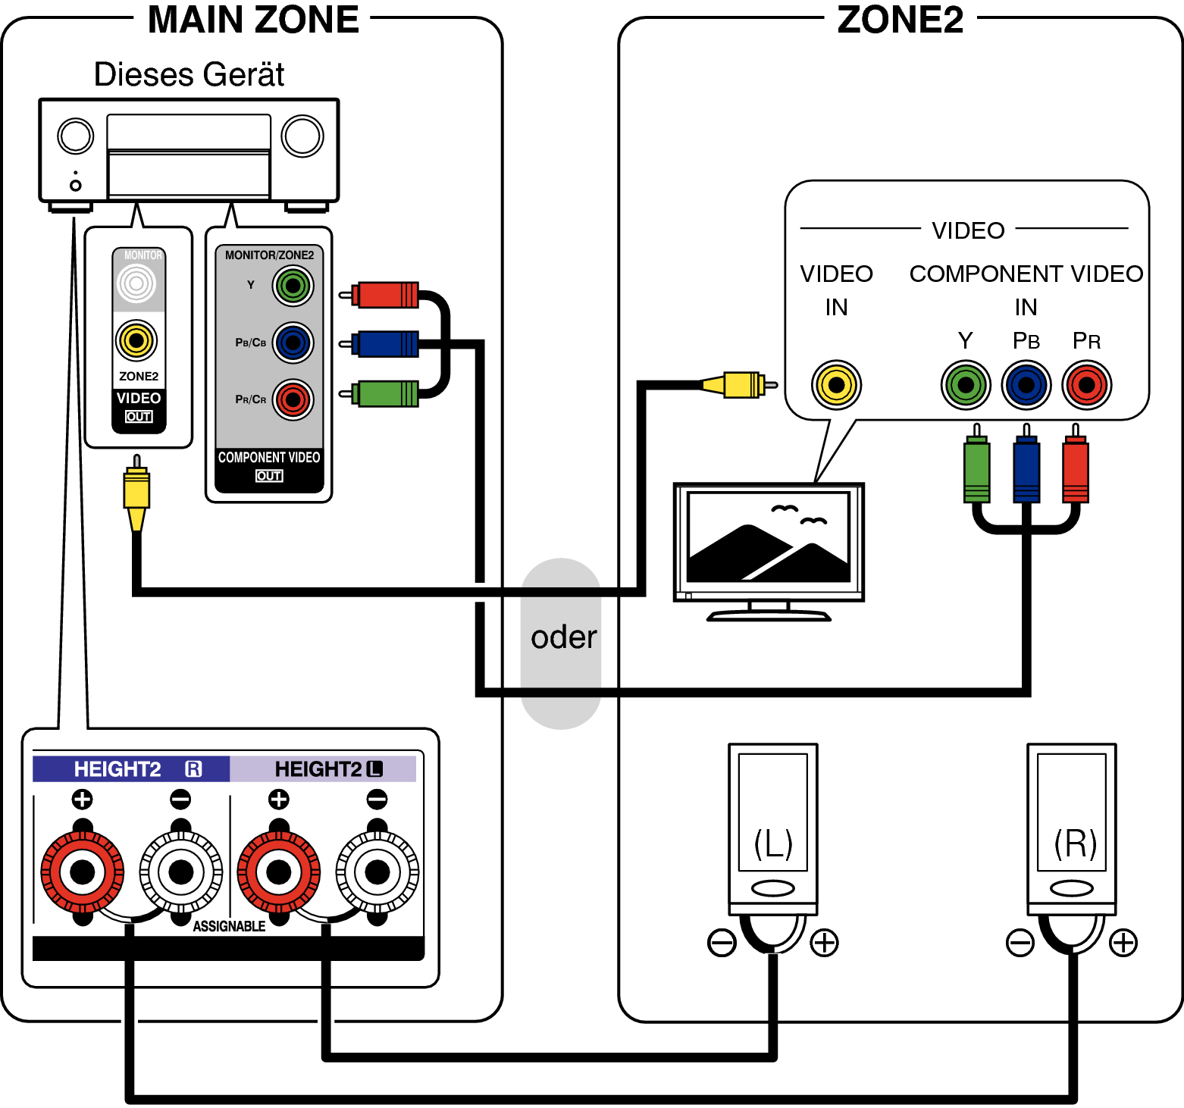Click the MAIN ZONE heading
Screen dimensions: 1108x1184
click(253, 20)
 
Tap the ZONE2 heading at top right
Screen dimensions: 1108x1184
click(900, 20)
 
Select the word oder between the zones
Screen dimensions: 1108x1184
click(563, 637)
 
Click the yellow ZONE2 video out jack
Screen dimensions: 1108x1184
click(136, 340)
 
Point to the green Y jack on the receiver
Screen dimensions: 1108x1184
click(293, 286)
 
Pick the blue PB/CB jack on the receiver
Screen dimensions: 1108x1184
click(293, 343)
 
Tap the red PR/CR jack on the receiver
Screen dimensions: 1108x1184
click(293, 399)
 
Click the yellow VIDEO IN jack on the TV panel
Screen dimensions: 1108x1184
click(836, 385)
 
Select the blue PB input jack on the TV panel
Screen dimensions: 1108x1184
click(1026, 385)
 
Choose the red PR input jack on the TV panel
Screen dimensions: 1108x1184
click(1086, 385)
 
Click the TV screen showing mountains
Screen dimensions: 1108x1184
click(769, 537)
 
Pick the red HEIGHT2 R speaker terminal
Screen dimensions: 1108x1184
click(82, 872)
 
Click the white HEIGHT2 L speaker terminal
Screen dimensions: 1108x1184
click(377, 872)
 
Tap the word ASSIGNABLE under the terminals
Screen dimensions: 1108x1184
click(229, 926)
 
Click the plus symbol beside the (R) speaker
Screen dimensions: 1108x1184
click(1123, 943)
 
